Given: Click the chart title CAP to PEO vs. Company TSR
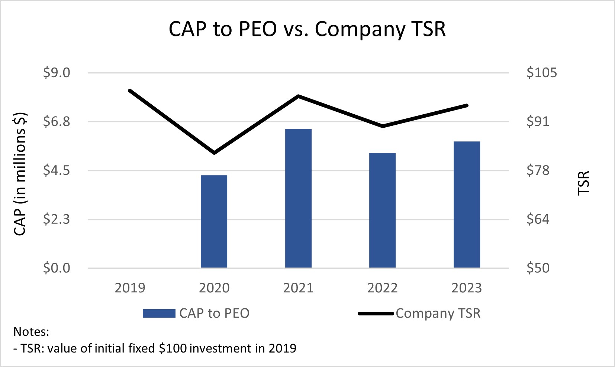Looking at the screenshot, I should click(307, 29).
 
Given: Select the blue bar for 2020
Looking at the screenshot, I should click(214, 221).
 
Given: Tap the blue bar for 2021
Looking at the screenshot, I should click(298, 198).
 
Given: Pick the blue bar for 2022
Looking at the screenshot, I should click(382, 210).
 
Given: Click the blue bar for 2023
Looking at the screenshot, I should click(467, 204).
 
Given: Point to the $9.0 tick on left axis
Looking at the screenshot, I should click(57, 73).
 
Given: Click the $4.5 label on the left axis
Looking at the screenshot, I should click(57, 170).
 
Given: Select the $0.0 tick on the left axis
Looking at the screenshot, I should click(57, 268).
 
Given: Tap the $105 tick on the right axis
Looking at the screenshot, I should click(541, 73).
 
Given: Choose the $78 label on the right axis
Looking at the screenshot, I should click(538, 170).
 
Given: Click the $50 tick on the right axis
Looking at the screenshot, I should click(538, 268).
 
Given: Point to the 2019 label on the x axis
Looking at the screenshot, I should click(130, 288).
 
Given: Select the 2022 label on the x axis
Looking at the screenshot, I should click(382, 288).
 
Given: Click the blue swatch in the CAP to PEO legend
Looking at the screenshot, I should click(159, 314).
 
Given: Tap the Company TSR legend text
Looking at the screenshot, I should click(438, 314).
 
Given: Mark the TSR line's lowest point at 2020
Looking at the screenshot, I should click(214, 153).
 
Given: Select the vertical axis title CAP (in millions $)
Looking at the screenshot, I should click(20, 174).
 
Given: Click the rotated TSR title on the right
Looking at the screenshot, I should click(584, 183).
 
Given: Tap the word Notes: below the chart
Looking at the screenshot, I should click(31, 331).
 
